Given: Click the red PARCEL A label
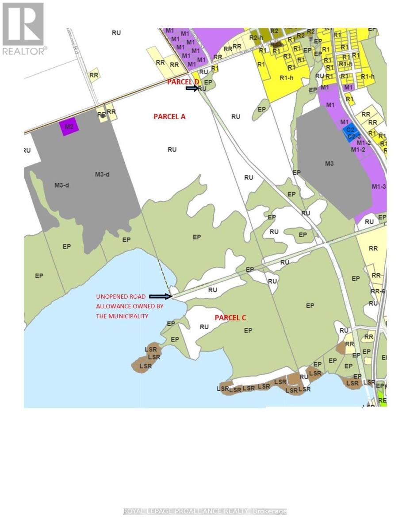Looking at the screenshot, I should (169, 116).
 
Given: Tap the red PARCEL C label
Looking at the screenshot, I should (230, 318).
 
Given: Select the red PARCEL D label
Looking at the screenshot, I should (183, 82).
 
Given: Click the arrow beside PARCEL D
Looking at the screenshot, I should (192, 88).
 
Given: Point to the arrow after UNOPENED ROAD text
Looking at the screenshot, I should (160, 296).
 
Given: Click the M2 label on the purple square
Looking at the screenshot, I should (69, 127).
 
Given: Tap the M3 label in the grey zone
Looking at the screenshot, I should (329, 164).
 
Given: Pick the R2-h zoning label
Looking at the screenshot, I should (256, 38).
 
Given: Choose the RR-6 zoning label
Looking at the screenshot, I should (377, 291).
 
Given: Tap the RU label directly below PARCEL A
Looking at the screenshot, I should (172, 150).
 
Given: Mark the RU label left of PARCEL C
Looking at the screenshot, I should (204, 327).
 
